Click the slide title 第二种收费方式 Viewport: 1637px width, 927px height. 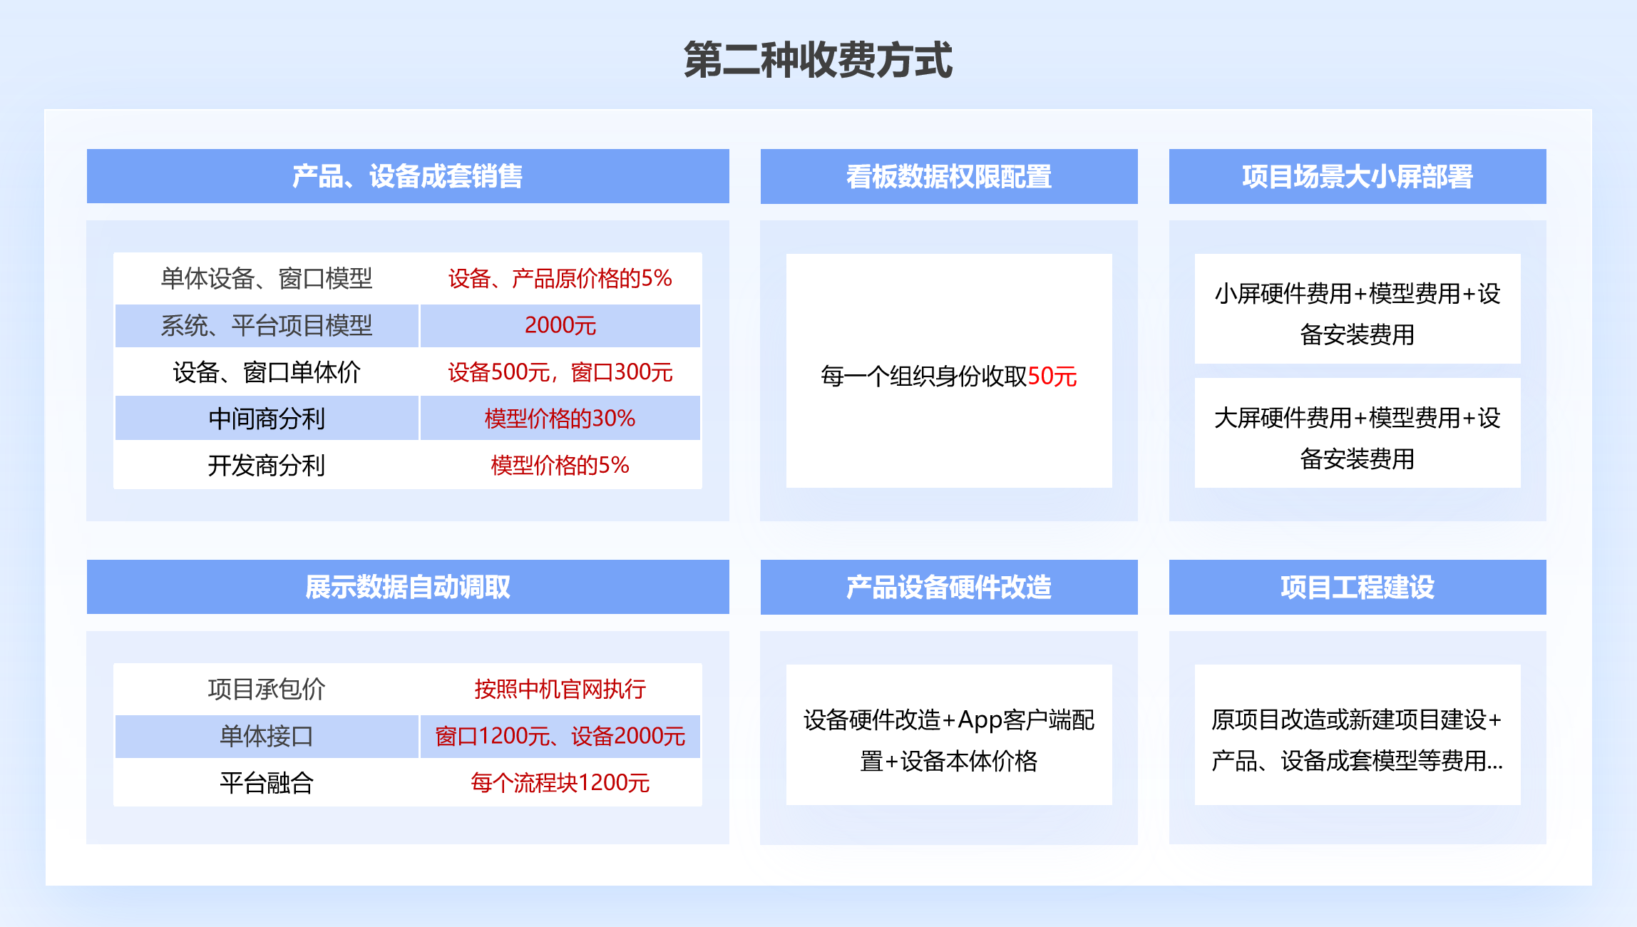(818, 59)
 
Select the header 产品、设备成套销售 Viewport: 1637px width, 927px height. (408, 176)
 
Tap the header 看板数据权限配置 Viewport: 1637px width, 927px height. (949, 176)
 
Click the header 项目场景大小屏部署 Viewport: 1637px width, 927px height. (1358, 176)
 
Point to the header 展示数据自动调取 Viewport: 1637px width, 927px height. (408, 587)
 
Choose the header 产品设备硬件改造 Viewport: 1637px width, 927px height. (949, 587)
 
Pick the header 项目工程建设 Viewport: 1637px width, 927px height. (1358, 587)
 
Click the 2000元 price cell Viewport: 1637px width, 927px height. (560, 325)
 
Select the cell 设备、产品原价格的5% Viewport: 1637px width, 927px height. (560, 278)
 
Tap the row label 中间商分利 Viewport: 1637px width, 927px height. (267, 419)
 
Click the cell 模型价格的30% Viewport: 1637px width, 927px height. (560, 419)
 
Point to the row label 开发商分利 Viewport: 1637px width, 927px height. (267, 465)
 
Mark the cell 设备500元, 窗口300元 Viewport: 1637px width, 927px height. (560, 372)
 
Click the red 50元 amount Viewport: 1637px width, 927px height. (1052, 376)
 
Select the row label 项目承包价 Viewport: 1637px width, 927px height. (267, 689)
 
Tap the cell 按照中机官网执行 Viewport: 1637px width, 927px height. (560, 689)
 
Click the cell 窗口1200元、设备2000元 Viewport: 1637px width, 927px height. (560, 736)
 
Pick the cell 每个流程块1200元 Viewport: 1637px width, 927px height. (560, 782)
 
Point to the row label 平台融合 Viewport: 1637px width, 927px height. (267, 783)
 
